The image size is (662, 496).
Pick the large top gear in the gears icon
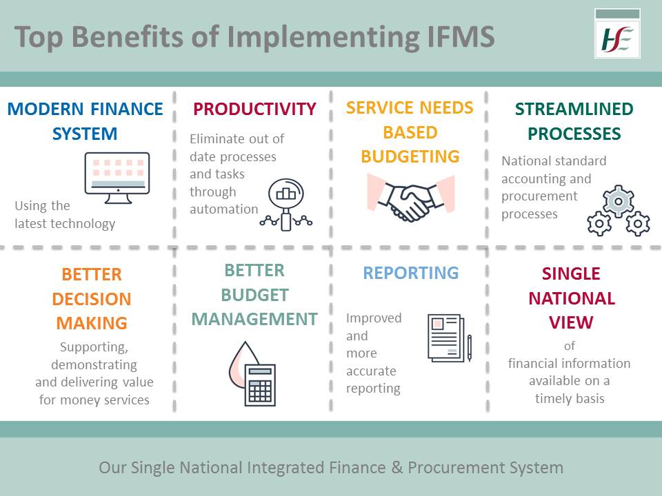(618, 200)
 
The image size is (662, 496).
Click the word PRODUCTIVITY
(254, 110)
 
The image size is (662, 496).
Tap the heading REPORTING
(411, 273)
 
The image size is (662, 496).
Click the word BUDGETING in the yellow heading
(410, 157)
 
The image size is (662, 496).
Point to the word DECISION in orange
(92, 300)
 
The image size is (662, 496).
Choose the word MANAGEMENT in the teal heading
(254, 320)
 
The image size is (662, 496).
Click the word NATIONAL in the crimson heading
(572, 299)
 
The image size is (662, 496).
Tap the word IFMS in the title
(457, 37)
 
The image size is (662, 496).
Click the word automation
(224, 209)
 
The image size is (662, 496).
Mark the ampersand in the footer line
(396, 468)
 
